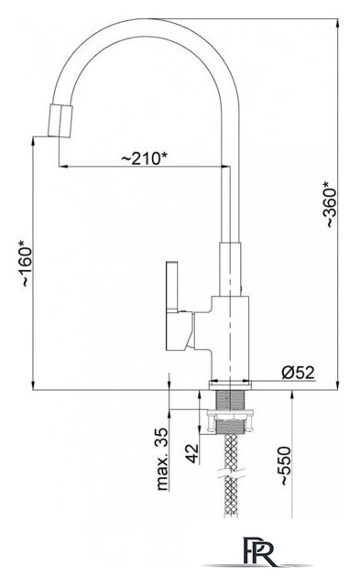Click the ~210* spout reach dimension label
pyautogui.click(x=144, y=158)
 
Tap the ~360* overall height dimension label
pyautogui.click(x=331, y=204)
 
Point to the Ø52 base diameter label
pyautogui.click(x=299, y=373)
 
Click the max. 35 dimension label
pyautogui.click(x=163, y=460)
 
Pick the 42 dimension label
pyautogui.click(x=192, y=453)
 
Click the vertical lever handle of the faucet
pyautogui.click(x=173, y=287)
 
